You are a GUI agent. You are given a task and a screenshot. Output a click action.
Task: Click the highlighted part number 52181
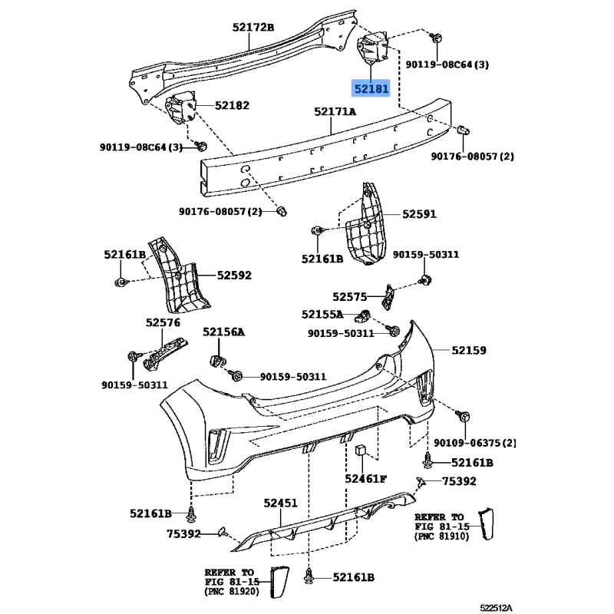coord(371,88)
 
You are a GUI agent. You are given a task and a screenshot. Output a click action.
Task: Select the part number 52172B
coord(253,28)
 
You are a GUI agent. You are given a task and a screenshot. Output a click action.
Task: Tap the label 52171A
coord(335,112)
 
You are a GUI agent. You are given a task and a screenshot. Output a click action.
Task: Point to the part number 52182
coord(232,105)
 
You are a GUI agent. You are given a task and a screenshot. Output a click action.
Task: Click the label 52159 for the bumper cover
coord(469,350)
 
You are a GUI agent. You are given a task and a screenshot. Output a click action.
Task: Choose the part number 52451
coord(280,503)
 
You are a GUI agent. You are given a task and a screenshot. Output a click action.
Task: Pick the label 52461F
coord(365,479)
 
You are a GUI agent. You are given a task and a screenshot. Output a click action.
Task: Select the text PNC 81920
coord(231,592)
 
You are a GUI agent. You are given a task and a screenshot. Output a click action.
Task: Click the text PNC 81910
coord(441,537)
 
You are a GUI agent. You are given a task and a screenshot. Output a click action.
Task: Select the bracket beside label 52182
coord(183,107)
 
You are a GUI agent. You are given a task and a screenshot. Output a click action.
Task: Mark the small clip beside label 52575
coord(390,295)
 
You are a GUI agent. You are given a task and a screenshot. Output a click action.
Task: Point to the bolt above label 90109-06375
coord(465,416)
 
